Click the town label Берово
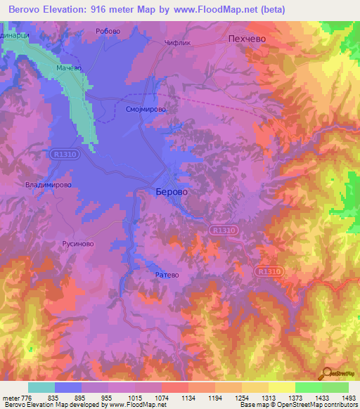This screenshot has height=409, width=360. [172, 191]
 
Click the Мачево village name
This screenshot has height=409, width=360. [69, 68]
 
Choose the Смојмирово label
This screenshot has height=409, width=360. [146, 110]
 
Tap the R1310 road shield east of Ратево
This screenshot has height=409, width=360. [268, 270]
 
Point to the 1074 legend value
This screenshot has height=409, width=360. [162, 397]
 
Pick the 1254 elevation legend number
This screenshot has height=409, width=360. [241, 397]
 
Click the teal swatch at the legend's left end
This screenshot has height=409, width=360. [41, 387]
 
